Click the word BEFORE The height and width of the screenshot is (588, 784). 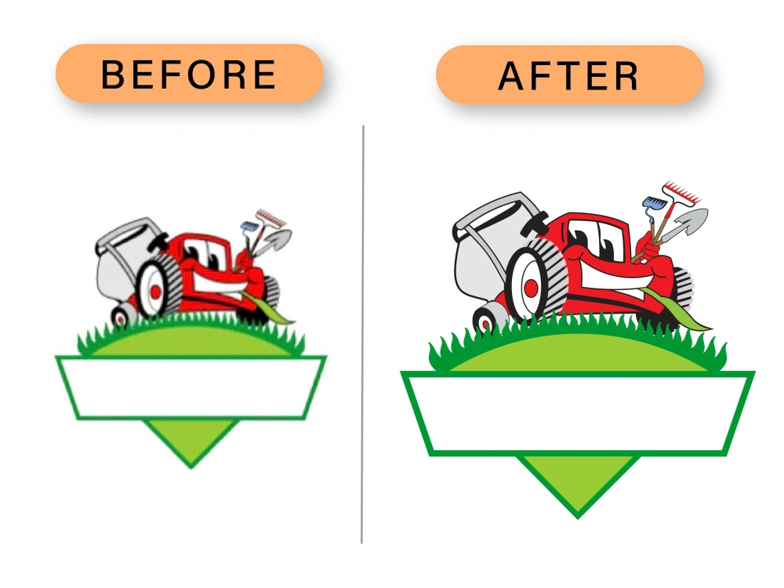[x=188, y=74]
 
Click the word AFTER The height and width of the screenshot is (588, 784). [x=568, y=76]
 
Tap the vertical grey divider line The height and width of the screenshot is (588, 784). [x=362, y=334]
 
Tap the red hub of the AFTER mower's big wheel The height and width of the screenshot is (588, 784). [x=531, y=288]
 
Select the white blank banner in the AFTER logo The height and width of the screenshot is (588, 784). [x=578, y=414]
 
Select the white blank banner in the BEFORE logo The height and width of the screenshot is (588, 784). [x=191, y=387]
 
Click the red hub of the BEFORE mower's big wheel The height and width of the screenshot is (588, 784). [x=155, y=292]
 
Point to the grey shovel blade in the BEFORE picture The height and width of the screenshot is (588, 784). [x=279, y=239]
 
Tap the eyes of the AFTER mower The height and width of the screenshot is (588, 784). [x=593, y=239]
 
